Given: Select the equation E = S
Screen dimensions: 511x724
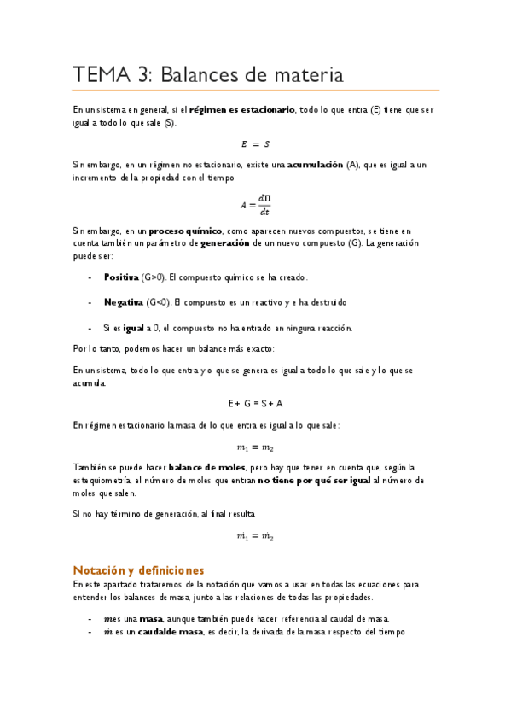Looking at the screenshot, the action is point(255,143).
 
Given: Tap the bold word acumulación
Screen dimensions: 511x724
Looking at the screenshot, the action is point(315,163).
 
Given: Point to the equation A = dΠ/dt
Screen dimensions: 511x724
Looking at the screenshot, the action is point(255,205).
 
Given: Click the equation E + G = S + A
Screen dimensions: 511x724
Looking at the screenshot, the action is point(255,403).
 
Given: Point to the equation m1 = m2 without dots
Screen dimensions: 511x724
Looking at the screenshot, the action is point(255,447).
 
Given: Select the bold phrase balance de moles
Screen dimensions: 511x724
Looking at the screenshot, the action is point(206,468).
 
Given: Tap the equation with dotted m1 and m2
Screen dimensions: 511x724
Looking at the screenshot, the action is point(255,537).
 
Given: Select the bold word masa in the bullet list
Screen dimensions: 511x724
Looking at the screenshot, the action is point(150,618).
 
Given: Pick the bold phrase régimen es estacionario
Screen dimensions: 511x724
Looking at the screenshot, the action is point(241,110).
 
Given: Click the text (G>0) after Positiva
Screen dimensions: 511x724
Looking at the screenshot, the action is point(155,277).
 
